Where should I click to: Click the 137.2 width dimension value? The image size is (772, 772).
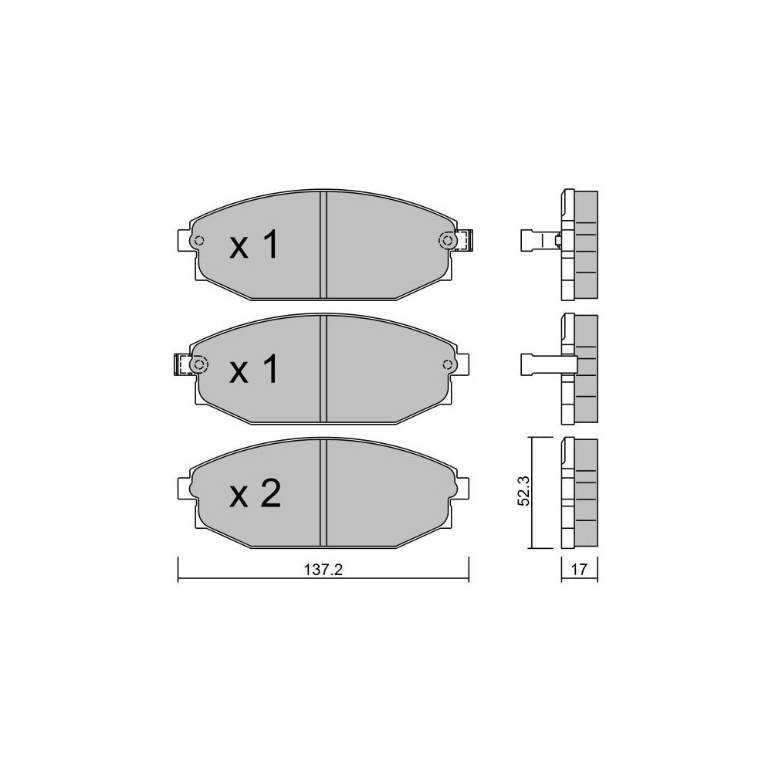click(323, 570)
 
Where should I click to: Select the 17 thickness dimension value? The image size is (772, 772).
click(579, 569)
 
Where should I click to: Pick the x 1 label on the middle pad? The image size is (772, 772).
click(254, 370)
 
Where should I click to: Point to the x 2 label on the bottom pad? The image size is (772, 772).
click(255, 494)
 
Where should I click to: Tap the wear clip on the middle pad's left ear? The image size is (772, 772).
click(182, 365)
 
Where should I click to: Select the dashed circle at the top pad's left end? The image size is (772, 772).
click(199, 241)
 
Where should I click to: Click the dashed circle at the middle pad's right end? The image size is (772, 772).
click(448, 365)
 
